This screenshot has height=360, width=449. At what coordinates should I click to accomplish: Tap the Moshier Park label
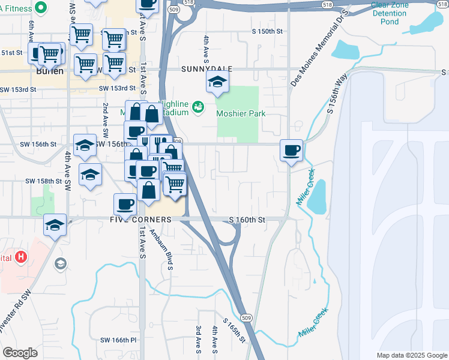point(241,113)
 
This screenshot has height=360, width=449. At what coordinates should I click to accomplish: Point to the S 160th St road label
point(247,220)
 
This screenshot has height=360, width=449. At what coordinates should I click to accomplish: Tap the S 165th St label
point(234,331)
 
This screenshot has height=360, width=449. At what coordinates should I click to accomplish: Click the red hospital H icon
point(21,257)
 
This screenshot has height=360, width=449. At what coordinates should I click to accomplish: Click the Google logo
point(20,353)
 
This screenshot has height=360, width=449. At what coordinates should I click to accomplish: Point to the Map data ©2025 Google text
point(411,355)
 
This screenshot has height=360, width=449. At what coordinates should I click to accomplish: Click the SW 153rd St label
point(18,89)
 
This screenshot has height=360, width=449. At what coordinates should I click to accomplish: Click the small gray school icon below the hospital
point(60,263)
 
